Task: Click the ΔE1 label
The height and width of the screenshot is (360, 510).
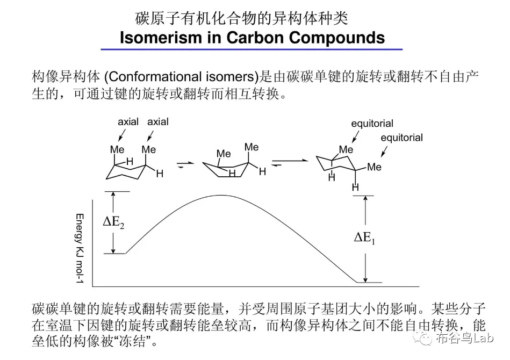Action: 364,238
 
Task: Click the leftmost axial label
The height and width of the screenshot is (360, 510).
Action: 128,122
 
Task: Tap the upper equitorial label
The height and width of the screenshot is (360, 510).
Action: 372,124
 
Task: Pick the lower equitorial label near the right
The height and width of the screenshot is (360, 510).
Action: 401,138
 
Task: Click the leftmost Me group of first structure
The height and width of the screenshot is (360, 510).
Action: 117,149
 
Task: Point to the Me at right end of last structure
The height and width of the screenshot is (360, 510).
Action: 374,167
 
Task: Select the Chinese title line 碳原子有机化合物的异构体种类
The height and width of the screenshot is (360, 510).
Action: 241,18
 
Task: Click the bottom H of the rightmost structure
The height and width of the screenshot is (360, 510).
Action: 355,188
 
